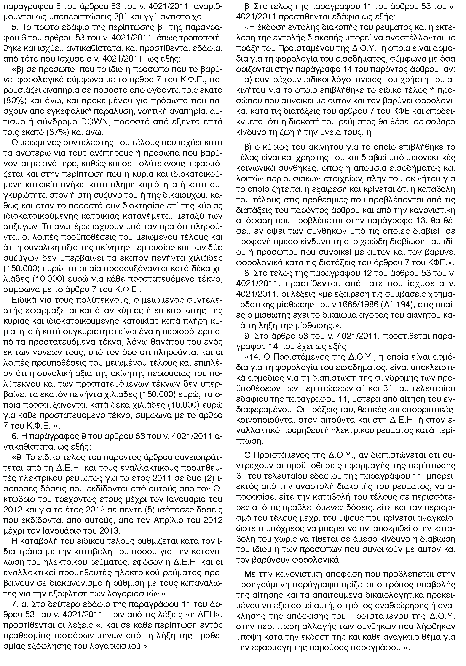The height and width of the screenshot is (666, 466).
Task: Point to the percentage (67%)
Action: point(60,133)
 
